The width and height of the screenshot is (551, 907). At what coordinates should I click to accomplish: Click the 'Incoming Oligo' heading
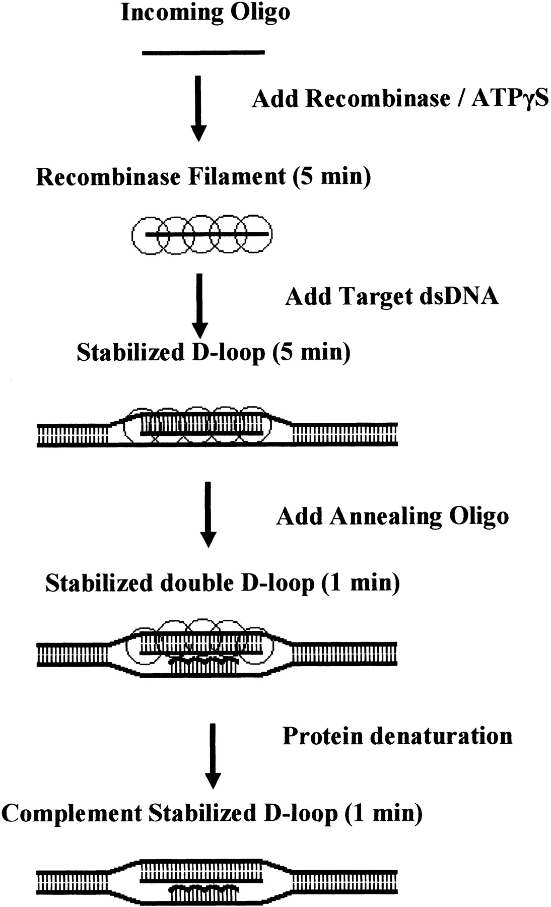click(x=205, y=13)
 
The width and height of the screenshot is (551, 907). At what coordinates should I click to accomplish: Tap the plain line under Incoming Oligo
click(x=203, y=52)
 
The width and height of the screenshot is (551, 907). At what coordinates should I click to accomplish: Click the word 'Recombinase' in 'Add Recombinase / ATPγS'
click(x=378, y=98)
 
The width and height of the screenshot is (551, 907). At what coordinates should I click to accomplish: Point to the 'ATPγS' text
click(x=510, y=98)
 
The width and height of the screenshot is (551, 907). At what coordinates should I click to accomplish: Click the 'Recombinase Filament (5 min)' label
click(x=203, y=177)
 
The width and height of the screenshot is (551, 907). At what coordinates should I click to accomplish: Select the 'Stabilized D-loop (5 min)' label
click(x=214, y=353)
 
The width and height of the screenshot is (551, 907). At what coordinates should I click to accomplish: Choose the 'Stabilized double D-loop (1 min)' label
click(x=223, y=583)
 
